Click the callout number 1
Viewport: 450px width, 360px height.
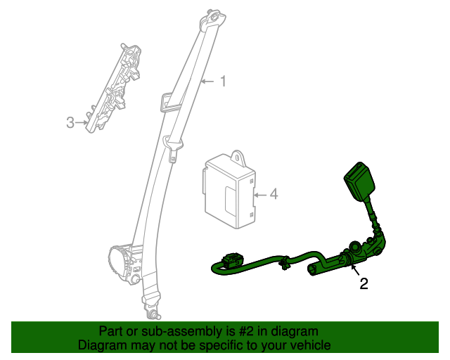[224, 82]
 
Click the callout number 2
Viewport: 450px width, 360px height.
[364, 283]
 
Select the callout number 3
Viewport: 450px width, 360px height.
[70, 122]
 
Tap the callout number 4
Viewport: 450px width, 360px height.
[274, 194]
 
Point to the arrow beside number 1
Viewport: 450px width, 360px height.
[207, 82]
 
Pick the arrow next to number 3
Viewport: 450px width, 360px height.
[82, 122]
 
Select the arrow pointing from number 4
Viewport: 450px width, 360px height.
[260, 195]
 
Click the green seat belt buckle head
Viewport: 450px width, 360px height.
[359, 180]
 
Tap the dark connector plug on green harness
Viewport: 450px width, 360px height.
[232, 258]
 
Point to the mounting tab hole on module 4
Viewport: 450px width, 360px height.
[238, 157]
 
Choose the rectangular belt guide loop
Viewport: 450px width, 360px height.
[170, 102]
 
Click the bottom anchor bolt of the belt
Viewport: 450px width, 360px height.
[153, 314]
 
